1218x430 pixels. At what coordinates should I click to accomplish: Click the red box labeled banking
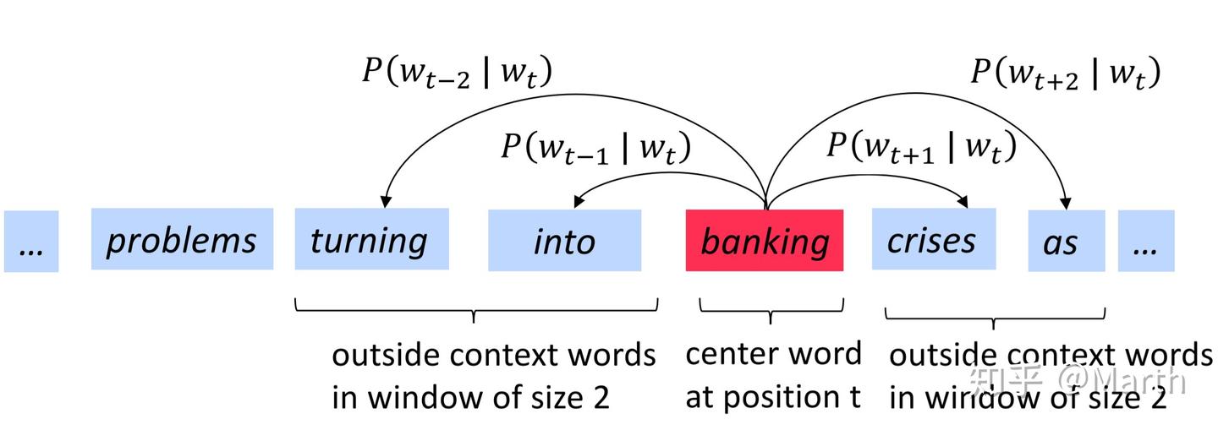(x=764, y=241)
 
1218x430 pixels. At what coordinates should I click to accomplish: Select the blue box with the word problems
(x=182, y=240)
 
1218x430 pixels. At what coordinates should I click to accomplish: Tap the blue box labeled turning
(x=370, y=240)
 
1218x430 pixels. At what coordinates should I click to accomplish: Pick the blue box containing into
(x=564, y=241)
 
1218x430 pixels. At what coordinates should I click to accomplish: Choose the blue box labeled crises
(x=933, y=240)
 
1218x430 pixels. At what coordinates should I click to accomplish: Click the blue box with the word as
(x=1066, y=242)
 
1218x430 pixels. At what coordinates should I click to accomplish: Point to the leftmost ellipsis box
(x=31, y=242)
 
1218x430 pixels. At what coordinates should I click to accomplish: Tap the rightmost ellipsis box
(x=1146, y=242)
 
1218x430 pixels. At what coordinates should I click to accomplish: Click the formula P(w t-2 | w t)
(x=457, y=72)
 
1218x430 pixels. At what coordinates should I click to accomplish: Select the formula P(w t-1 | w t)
(x=595, y=148)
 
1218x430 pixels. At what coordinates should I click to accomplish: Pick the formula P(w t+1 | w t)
(x=920, y=147)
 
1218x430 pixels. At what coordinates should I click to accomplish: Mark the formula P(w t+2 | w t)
(x=1065, y=73)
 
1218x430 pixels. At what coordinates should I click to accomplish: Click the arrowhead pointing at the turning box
(x=386, y=202)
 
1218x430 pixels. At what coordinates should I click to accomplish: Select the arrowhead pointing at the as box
(x=1066, y=202)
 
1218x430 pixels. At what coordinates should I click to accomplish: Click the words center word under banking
(x=772, y=354)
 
